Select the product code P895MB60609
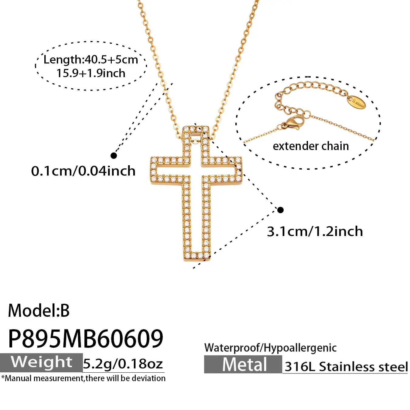[86, 339]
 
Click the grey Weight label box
[41, 363]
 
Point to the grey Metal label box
[243, 364]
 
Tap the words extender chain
[311, 146]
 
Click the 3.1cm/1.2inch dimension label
[315, 231]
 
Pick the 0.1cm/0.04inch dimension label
[83, 171]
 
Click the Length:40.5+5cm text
[91, 60]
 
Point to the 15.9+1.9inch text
[91, 73]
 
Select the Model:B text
[39, 311]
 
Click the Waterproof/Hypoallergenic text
[270, 348]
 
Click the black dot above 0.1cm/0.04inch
[114, 155]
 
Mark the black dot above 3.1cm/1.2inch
[280, 210]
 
